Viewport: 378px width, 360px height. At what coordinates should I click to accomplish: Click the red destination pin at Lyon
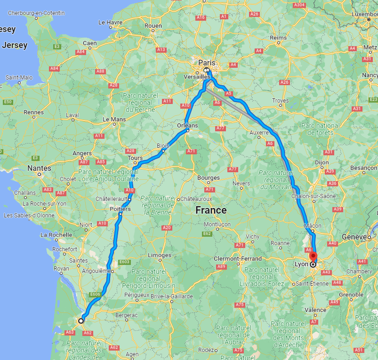[x=313, y=257]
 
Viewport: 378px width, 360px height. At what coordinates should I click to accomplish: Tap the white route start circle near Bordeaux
[x=81, y=320]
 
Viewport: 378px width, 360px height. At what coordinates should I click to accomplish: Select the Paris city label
[x=206, y=62]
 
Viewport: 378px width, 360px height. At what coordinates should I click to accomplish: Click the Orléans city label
[x=187, y=126]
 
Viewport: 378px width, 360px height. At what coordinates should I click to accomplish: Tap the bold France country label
[x=211, y=210]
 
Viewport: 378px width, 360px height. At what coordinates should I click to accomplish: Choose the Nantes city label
[x=39, y=168]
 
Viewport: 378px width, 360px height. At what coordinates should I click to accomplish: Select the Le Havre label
[x=110, y=22]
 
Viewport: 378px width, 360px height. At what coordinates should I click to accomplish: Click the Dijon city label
[x=322, y=162]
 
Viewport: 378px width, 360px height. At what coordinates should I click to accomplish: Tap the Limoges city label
[x=160, y=255]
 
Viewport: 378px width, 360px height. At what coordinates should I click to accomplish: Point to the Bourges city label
[x=209, y=178]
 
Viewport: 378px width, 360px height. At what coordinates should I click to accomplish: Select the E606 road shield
[x=95, y=295]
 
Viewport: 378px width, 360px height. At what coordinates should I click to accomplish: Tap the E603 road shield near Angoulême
[x=125, y=262]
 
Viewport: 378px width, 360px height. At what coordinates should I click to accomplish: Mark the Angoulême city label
[x=97, y=271]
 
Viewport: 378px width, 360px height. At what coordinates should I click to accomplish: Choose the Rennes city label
[x=33, y=112]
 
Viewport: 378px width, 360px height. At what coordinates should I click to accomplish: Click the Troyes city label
[x=280, y=101]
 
